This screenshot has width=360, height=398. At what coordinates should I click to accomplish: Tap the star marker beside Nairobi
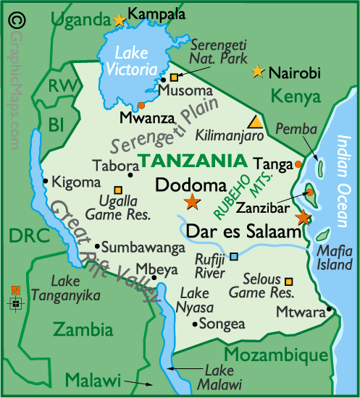257,72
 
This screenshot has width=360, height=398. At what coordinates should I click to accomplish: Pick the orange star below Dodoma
192,202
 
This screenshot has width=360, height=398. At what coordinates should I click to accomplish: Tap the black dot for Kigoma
46,181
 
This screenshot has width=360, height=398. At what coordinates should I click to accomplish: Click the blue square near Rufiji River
233,256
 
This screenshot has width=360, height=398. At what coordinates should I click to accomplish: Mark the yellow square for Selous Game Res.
289,281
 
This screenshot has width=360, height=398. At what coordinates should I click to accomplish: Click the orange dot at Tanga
298,164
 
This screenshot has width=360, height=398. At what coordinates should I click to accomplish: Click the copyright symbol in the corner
13,17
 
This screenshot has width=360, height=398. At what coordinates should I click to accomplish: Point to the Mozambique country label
275,355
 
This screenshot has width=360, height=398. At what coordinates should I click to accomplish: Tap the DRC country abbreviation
23,235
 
